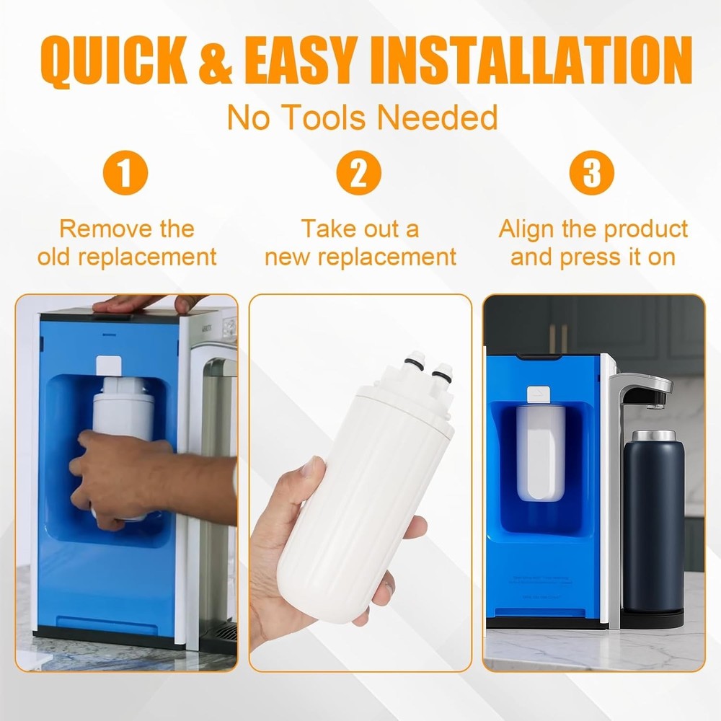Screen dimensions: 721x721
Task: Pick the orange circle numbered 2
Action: tap(360, 174)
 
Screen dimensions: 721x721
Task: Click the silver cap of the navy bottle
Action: tap(653, 436)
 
